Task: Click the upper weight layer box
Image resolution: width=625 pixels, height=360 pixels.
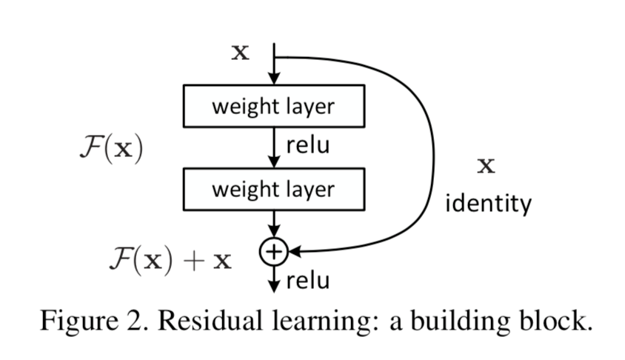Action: click(x=273, y=107)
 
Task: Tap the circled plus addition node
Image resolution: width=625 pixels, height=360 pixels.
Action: click(x=273, y=252)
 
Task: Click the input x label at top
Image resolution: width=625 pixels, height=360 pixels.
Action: click(x=241, y=54)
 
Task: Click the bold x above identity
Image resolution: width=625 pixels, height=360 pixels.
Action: click(x=486, y=166)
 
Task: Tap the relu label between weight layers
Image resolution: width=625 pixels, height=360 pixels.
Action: click(x=307, y=145)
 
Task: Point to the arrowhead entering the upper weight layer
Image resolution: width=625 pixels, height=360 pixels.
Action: click(x=273, y=80)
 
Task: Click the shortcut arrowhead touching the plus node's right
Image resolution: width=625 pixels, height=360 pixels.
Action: click(x=293, y=252)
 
